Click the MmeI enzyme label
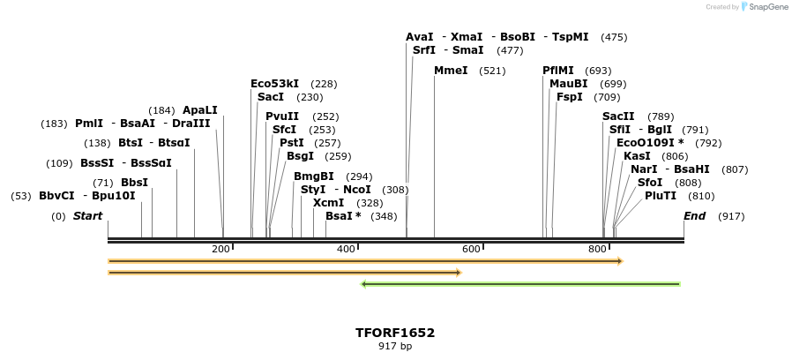(451, 71)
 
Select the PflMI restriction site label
(558, 71)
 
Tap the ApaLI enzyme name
(199, 110)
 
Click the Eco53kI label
(274, 84)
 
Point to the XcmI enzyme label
(329, 203)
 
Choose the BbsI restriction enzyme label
(134, 183)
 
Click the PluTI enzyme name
(661, 196)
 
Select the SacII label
(618, 116)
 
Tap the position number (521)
(492, 71)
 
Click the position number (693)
(598, 71)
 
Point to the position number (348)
(384, 216)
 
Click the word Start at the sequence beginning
(87, 216)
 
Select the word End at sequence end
(695, 216)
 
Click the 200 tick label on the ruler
(220, 250)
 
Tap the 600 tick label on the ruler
(471, 250)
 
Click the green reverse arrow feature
(520, 284)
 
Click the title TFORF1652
(395, 333)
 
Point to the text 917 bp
(395, 347)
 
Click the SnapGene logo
(765, 7)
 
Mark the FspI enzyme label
(569, 97)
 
